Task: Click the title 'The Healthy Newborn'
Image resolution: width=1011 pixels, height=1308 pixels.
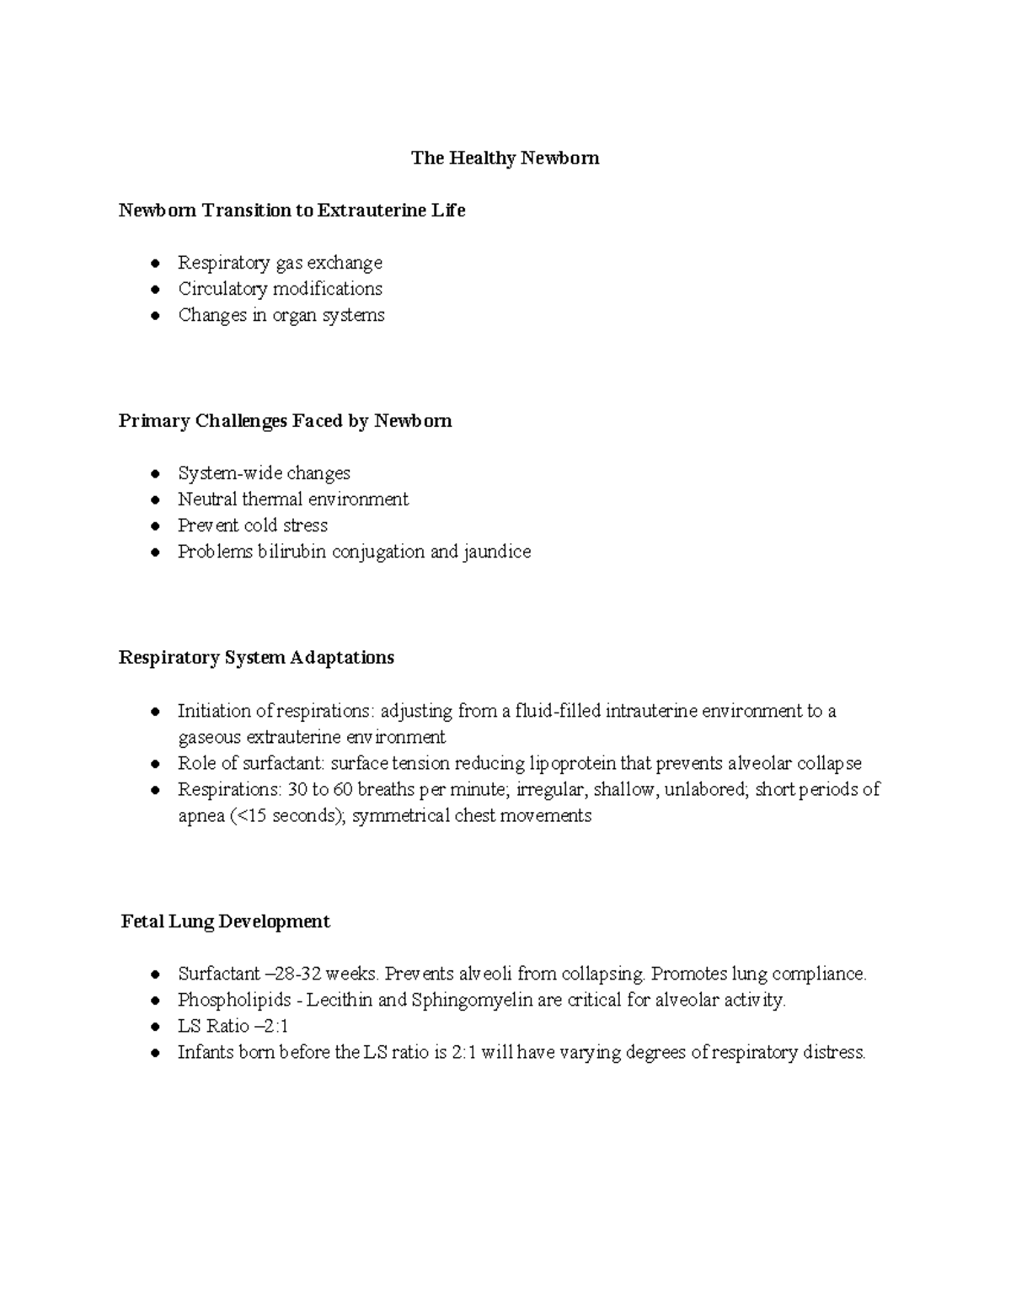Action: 505,158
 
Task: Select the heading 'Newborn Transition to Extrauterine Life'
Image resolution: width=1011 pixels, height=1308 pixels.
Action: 292,211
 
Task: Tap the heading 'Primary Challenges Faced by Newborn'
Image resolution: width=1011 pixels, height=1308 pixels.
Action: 285,421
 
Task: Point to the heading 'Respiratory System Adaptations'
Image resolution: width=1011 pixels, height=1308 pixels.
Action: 256,658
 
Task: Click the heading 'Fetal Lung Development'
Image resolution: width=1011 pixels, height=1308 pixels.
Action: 225,921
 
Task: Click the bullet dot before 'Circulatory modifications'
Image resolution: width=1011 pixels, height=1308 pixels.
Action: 155,290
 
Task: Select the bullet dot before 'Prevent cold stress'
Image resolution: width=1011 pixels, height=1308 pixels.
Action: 155,526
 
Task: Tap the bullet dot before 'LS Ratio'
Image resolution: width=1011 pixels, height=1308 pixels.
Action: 155,1027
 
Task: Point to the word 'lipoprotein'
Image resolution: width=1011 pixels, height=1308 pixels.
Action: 572,764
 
